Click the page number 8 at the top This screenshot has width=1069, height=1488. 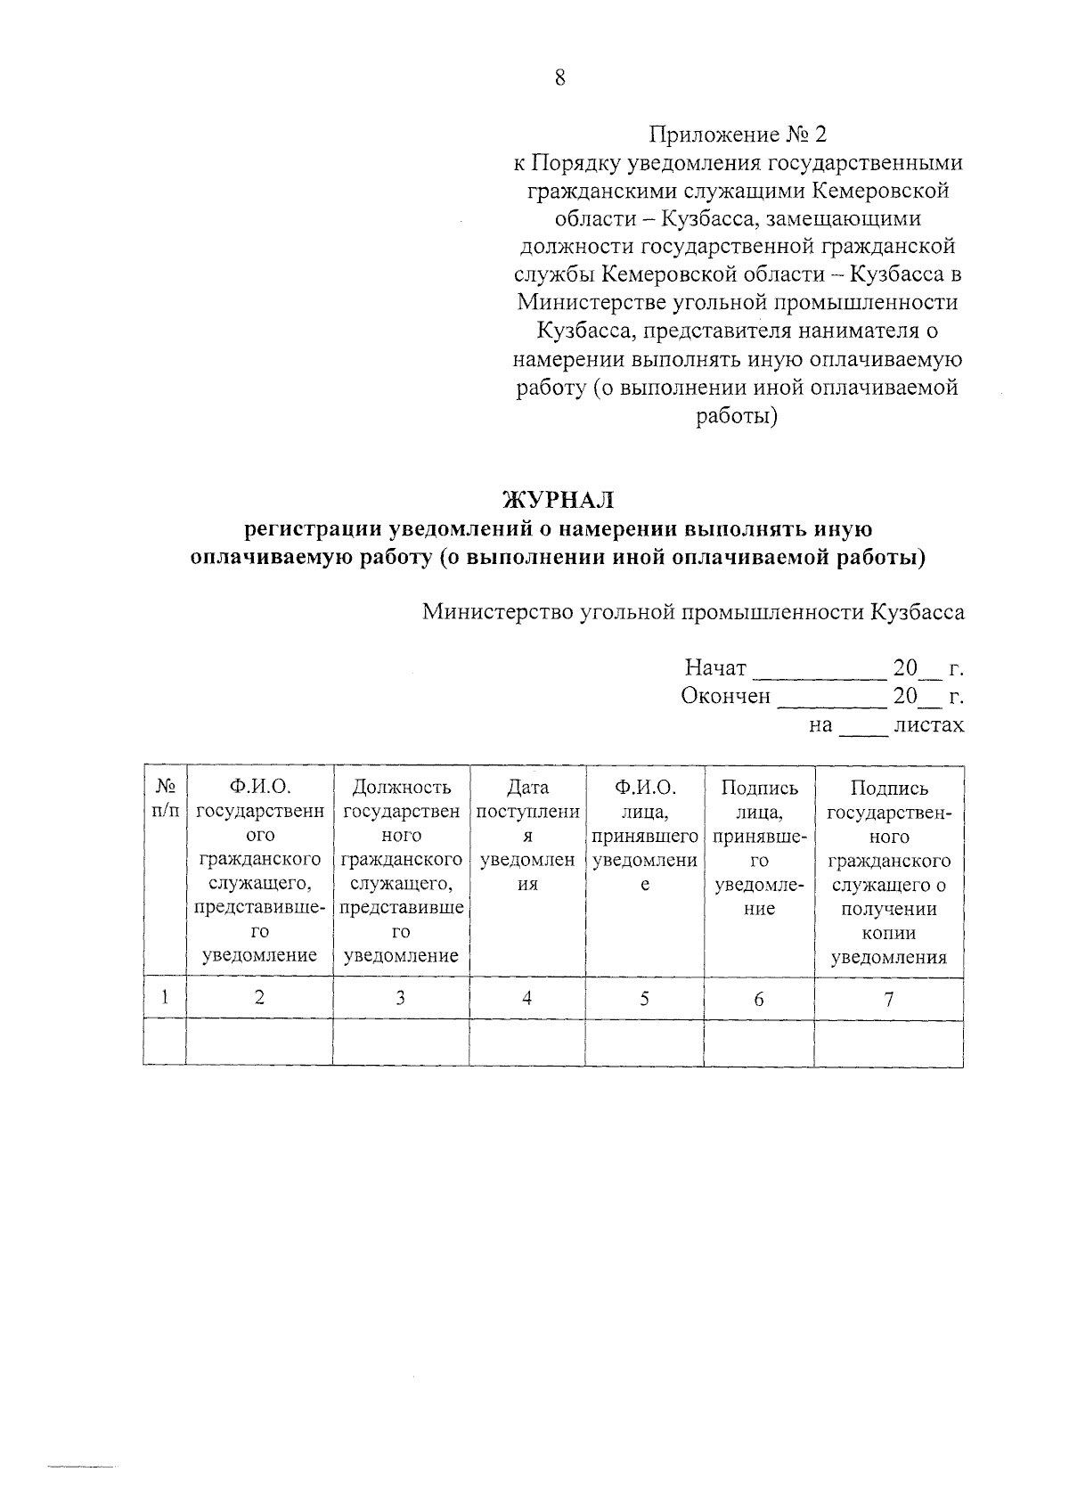[559, 78]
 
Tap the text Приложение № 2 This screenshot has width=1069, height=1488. [738, 135]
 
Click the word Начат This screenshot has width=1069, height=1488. [715, 668]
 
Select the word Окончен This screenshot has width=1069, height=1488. [725, 696]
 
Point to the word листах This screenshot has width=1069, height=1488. [928, 724]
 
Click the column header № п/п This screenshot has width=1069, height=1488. [165, 799]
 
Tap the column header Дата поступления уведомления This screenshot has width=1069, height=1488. [527, 837]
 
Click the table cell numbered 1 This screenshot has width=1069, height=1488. [165, 999]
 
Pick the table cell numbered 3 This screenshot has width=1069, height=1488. [401, 999]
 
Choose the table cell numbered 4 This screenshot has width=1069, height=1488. [527, 999]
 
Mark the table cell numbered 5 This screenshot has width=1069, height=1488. [644, 999]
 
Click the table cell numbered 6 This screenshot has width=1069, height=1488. [759, 999]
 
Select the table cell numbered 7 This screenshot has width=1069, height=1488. [888, 999]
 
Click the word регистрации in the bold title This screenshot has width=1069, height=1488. [313, 529]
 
